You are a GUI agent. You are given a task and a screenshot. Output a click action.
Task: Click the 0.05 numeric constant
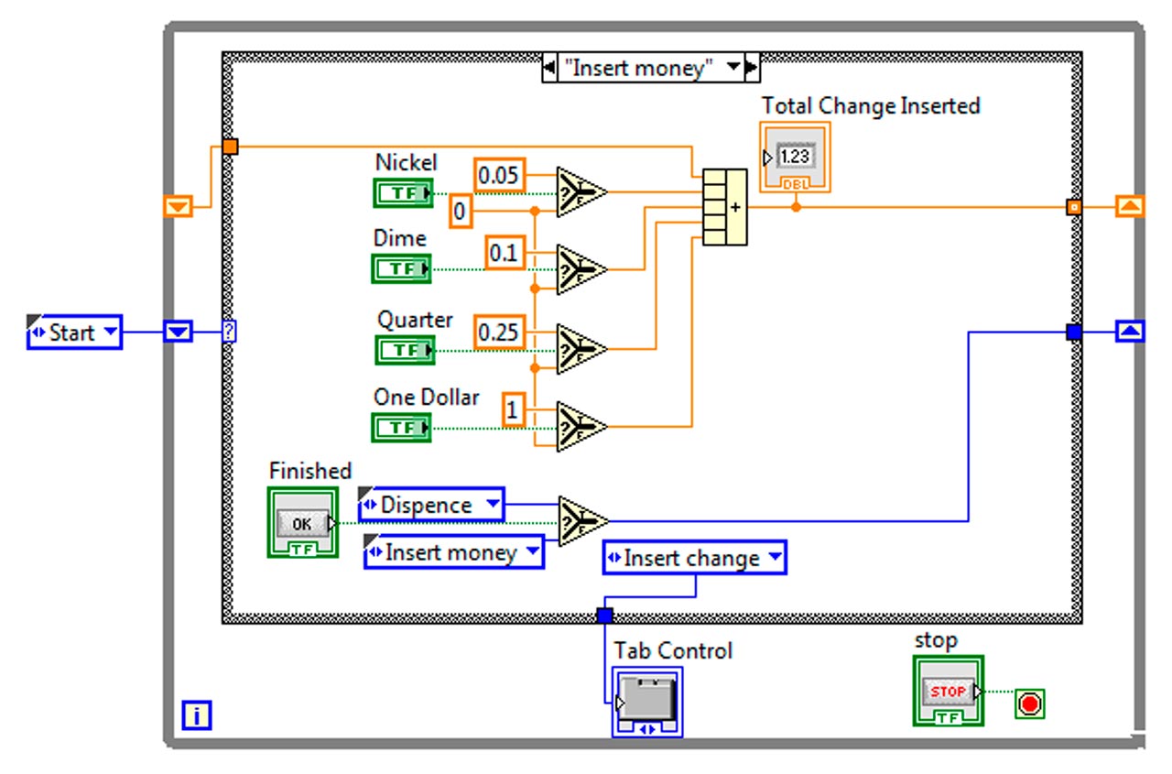pyautogui.click(x=499, y=175)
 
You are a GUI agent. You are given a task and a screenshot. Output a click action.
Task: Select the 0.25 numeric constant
pyautogui.click(x=499, y=332)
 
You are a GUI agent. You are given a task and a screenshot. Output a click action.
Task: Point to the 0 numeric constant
pyautogui.click(x=461, y=213)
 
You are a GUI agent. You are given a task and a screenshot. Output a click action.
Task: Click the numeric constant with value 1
pyautogui.click(x=513, y=410)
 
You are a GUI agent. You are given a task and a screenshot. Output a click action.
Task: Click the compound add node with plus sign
pyautogui.click(x=724, y=207)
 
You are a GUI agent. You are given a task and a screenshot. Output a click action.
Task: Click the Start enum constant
pyautogui.click(x=74, y=332)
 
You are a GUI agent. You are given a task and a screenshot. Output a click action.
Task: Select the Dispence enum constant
pyautogui.click(x=430, y=505)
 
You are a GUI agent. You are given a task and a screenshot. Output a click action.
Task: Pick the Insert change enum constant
pyautogui.click(x=693, y=558)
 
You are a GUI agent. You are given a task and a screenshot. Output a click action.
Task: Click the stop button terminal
pyautogui.click(x=948, y=692)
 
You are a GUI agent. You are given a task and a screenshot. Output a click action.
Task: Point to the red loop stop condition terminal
pyautogui.click(x=1030, y=704)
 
